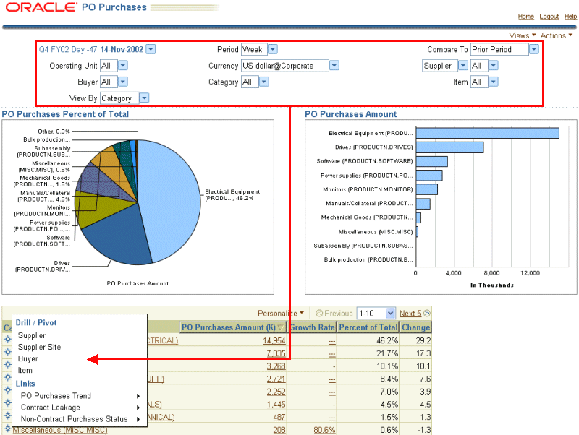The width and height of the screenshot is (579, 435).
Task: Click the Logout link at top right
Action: [549, 17]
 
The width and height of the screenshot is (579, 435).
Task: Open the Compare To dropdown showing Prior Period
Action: [504, 49]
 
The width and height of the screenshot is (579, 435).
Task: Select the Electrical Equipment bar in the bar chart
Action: [487, 133]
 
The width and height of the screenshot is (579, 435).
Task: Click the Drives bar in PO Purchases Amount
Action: [449, 147]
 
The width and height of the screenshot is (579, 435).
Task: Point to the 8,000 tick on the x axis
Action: [492, 273]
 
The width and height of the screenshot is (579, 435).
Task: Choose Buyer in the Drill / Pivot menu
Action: [28, 358]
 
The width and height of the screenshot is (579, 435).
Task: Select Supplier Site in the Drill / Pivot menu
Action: [39, 347]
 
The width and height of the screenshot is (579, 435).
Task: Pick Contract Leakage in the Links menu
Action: [51, 407]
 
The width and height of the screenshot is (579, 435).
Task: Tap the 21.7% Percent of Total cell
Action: [384, 353]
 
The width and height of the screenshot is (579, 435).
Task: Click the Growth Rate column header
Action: [311, 327]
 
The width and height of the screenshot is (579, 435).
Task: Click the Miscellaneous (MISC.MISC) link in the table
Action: [59, 430]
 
